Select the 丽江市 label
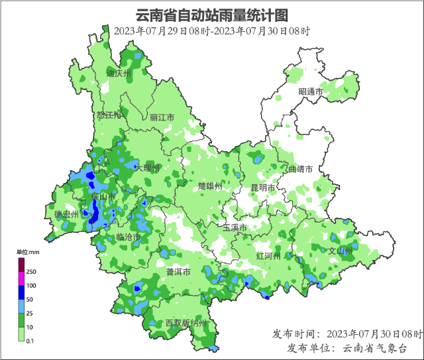coord(162,117)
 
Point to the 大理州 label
coord(147,168)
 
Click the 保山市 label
coord(104,198)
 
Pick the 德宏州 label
coord(66,214)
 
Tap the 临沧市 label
coord(128,237)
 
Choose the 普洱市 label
coord(178,272)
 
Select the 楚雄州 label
coord(211,186)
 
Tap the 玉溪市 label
coord(235,227)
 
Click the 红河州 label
coord(268,256)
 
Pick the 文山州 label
coord(341,251)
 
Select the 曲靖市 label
coord(299,169)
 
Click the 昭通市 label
coord(310,91)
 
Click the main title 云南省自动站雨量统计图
coord(212,15)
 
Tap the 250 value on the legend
coord(31,272)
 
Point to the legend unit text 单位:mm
coord(28,252)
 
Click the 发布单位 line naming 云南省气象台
coord(346,348)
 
